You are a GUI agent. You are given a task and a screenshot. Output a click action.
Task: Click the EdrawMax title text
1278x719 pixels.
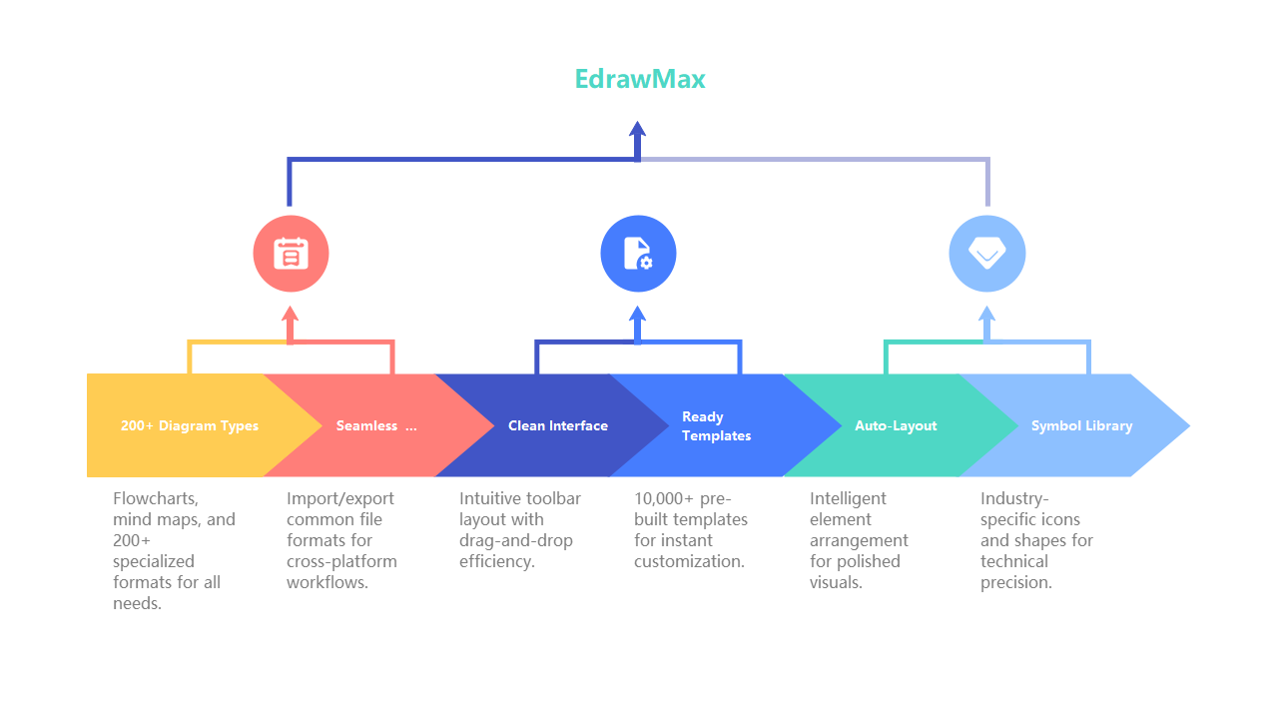pyautogui.click(x=639, y=79)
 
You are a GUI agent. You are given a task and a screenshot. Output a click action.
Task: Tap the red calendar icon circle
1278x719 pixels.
pyautogui.click(x=291, y=254)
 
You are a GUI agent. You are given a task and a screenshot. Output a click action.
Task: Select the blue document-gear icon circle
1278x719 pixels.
pyautogui.click(x=638, y=254)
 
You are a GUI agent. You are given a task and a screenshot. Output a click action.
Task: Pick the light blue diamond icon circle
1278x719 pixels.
pyautogui.click(x=986, y=254)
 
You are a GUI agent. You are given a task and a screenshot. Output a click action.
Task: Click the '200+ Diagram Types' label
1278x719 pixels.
pyautogui.click(x=190, y=425)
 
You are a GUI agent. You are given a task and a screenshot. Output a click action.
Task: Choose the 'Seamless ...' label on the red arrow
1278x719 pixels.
pyautogui.click(x=376, y=425)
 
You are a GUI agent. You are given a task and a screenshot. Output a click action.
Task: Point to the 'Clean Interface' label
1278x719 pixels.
pyautogui.click(x=557, y=425)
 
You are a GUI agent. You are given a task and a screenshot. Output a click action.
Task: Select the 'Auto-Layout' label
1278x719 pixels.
pyautogui.click(x=896, y=425)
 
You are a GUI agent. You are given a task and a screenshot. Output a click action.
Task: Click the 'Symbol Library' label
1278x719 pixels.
pyautogui.click(x=1081, y=425)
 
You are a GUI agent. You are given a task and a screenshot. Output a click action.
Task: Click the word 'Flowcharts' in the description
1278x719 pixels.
pyautogui.click(x=155, y=498)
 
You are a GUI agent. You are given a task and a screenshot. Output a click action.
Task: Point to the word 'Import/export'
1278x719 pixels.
pyautogui.click(x=339, y=498)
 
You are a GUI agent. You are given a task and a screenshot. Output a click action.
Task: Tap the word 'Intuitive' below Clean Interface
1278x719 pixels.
pyautogui.click(x=491, y=498)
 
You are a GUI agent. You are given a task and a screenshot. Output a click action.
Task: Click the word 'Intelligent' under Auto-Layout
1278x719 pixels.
pyautogui.click(x=848, y=498)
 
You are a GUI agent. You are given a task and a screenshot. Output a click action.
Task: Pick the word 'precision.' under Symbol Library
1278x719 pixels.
pyautogui.click(x=1016, y=582)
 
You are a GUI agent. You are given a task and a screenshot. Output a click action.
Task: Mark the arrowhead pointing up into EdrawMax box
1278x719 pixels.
pyautogui.click(x=638, y=129)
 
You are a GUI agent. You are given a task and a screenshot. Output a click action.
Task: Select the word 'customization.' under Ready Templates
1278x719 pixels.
pyautogui.click(x=689, y=561)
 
